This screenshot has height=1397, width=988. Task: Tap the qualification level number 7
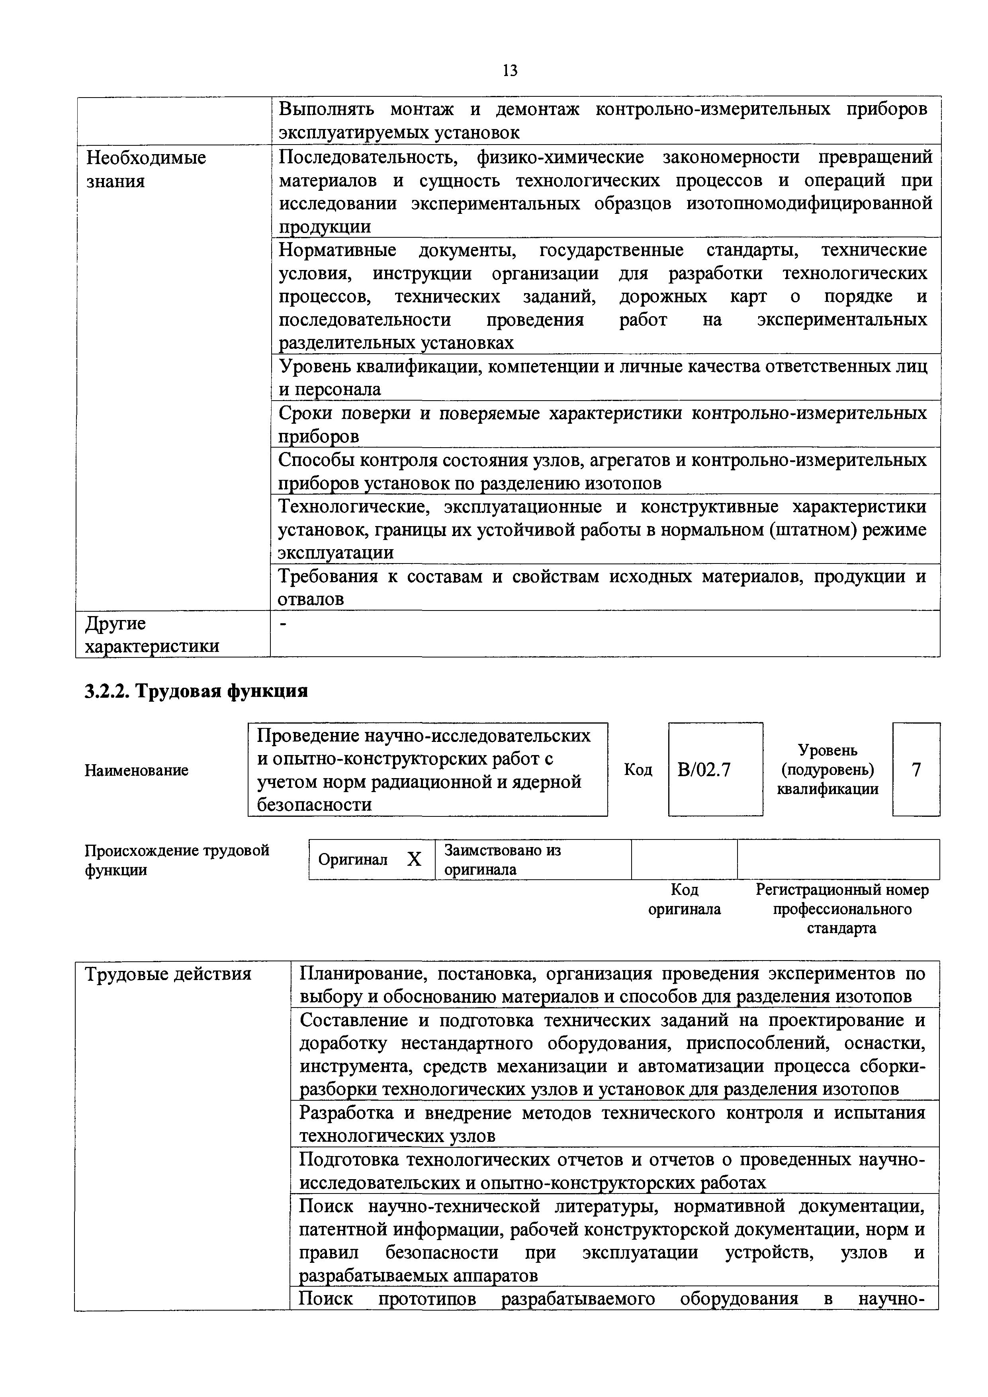tap(916, 770)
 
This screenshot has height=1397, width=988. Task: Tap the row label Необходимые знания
tap(146, 169)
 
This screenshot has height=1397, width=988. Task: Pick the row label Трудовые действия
tap(168, 974)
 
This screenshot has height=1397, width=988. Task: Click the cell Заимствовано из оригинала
tap(503, 859)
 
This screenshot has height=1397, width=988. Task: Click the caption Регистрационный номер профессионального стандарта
tap(842, 909)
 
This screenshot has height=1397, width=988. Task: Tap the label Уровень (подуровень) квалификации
tap(828, 770)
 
